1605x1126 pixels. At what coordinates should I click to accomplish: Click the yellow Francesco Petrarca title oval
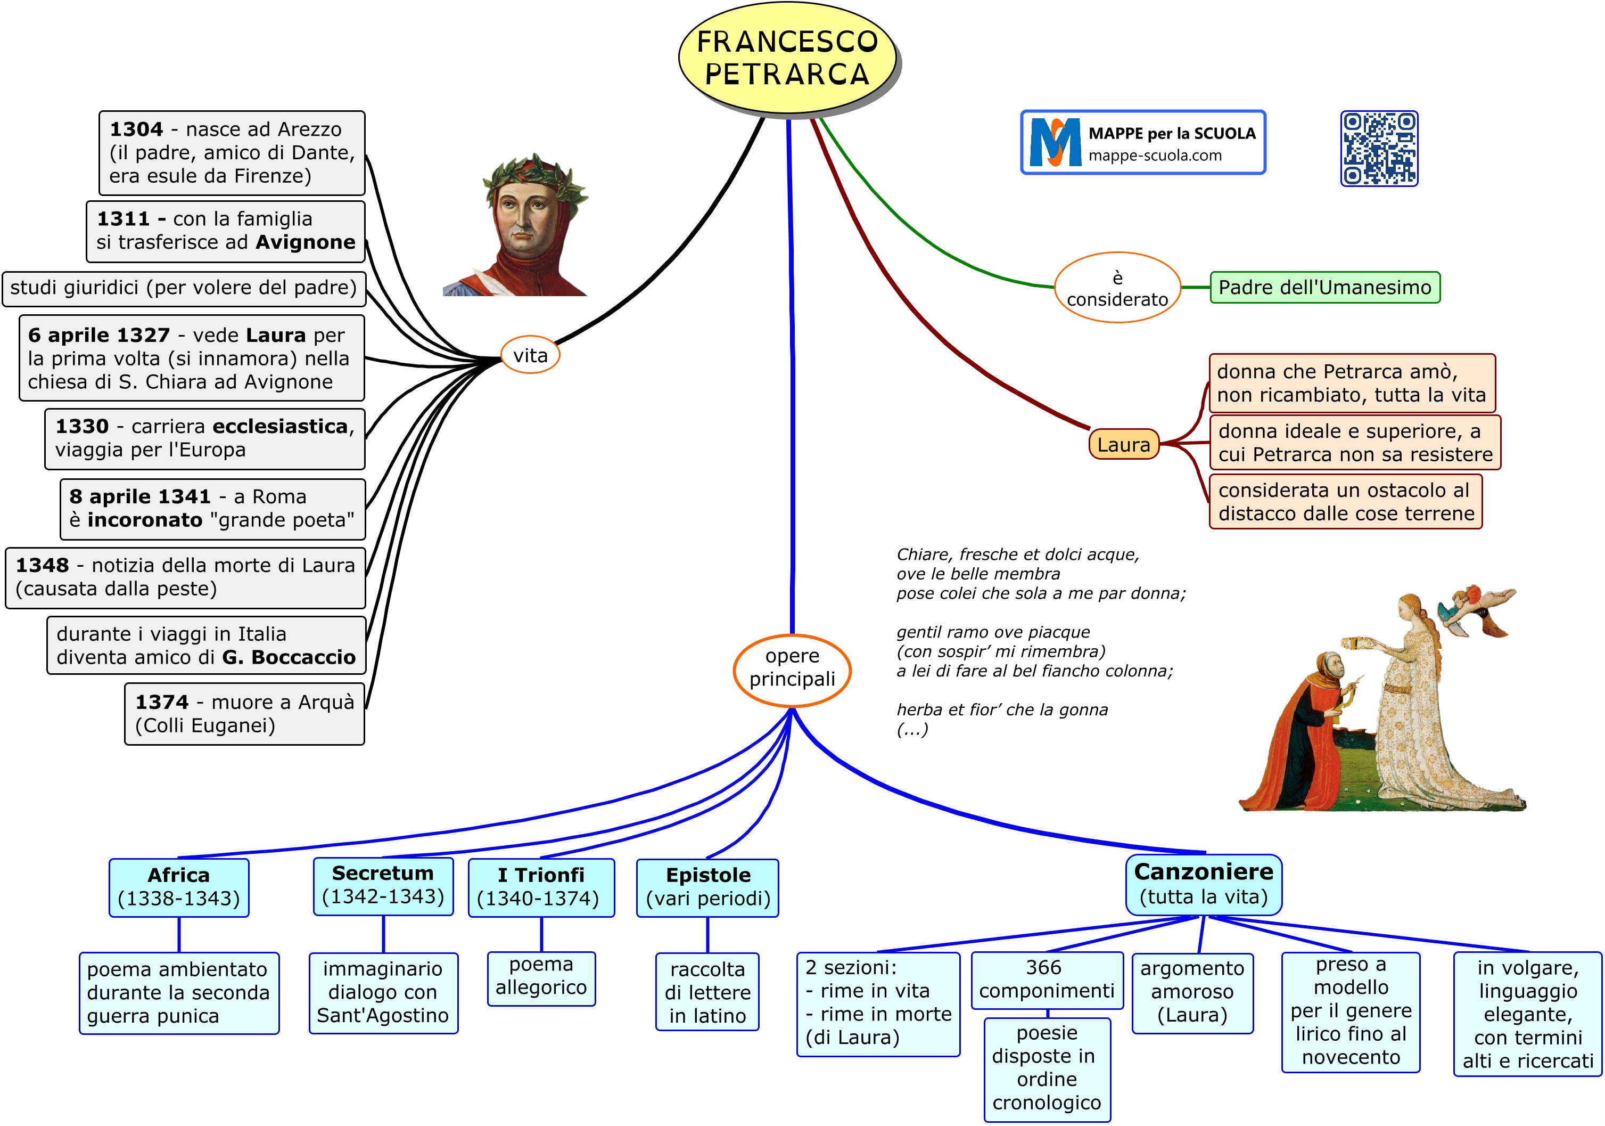click(x=787, y=58)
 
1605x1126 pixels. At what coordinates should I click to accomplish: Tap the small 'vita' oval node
click(x=531, y=355)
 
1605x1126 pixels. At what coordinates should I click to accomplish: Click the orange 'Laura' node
click(x=1123, y=445)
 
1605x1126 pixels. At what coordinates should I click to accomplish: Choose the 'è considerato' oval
click(x=1117, y=288)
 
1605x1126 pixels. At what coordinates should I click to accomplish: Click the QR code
click(x=1379, y=148)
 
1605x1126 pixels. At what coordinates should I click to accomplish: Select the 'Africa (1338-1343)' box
click(x=179, y=887)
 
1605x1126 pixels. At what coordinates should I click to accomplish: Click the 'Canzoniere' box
click(x=1203, y=884)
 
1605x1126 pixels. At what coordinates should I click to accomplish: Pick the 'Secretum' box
click(x=383, y=885)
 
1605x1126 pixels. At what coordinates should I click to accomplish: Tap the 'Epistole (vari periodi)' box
click(x=707, y=887)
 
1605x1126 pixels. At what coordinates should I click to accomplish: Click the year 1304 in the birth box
click(x=136, y=129)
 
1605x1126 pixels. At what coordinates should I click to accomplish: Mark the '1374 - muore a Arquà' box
click(x=245, y=713)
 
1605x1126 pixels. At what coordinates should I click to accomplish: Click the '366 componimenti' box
click(x=1047, y=979)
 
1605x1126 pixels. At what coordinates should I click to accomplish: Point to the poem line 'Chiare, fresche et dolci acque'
click(x=1018, y=554)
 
